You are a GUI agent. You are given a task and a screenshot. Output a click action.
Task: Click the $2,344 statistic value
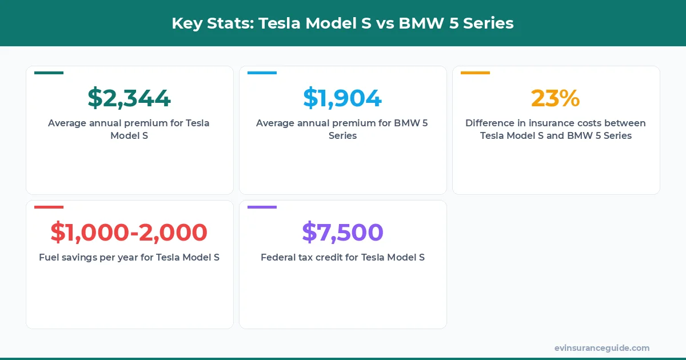(x=129, y=98)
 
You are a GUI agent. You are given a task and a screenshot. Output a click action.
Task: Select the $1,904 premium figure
(x=342, y=98)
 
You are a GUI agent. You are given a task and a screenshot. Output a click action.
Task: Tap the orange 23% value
(x=555, y=98)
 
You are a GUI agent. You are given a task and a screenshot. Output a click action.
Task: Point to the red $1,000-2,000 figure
(x=129, y=232)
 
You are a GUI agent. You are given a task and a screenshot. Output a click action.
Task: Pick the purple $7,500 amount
(x=342, y=232)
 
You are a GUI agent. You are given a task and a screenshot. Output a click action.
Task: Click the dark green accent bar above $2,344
(x=49, y=73)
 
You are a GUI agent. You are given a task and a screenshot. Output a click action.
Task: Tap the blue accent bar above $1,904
(x=262, y=73)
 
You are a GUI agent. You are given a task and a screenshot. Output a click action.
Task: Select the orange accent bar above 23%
(x=475, y=73)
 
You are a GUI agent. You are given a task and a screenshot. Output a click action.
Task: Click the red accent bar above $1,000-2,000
(x=49, y=207)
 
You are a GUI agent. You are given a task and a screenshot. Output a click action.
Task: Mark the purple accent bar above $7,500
(x=262, y=207)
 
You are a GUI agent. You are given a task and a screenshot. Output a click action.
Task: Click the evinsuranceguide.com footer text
(x=602, y=348)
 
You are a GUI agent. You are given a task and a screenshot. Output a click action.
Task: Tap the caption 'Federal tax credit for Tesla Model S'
(x=342, y=257)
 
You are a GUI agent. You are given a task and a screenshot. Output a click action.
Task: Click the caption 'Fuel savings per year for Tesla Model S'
(x=129, y=257)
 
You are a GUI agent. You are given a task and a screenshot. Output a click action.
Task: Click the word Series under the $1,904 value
(x=342, y=135)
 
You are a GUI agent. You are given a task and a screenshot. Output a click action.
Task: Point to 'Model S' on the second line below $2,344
(x=129, y=135)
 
